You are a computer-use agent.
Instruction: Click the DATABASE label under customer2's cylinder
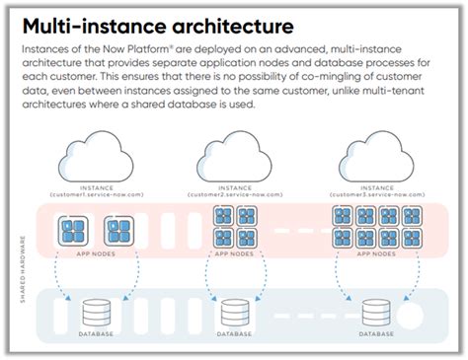coord(234,334)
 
